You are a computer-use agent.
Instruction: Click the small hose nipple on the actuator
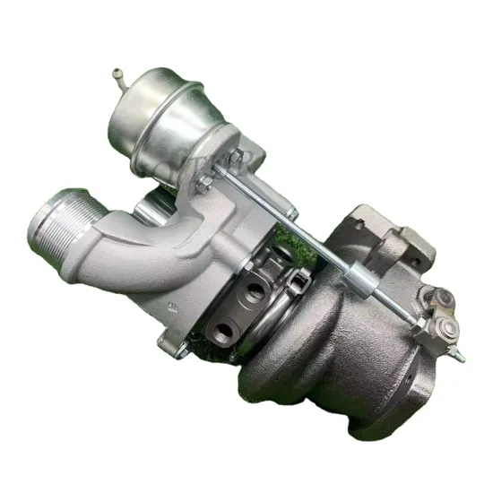pyautogui.click(x=118, y=74)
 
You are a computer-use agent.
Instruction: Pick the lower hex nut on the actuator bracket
pyautogui.click(x=204, y=186)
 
